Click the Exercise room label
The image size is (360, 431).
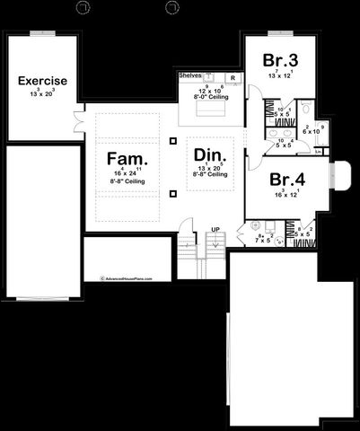tap(42, 81)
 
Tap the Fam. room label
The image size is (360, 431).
tap(127, 159)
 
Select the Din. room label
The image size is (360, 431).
tap(211, 154)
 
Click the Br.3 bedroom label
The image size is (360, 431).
tap(277, 60)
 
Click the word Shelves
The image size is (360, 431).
tap(189, 76)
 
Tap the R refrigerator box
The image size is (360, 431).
tap(233, 78)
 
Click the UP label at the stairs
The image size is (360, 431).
tap(215, 230)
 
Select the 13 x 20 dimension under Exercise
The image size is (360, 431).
tap(42, 92)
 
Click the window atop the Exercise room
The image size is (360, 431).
tap(42, 34)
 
